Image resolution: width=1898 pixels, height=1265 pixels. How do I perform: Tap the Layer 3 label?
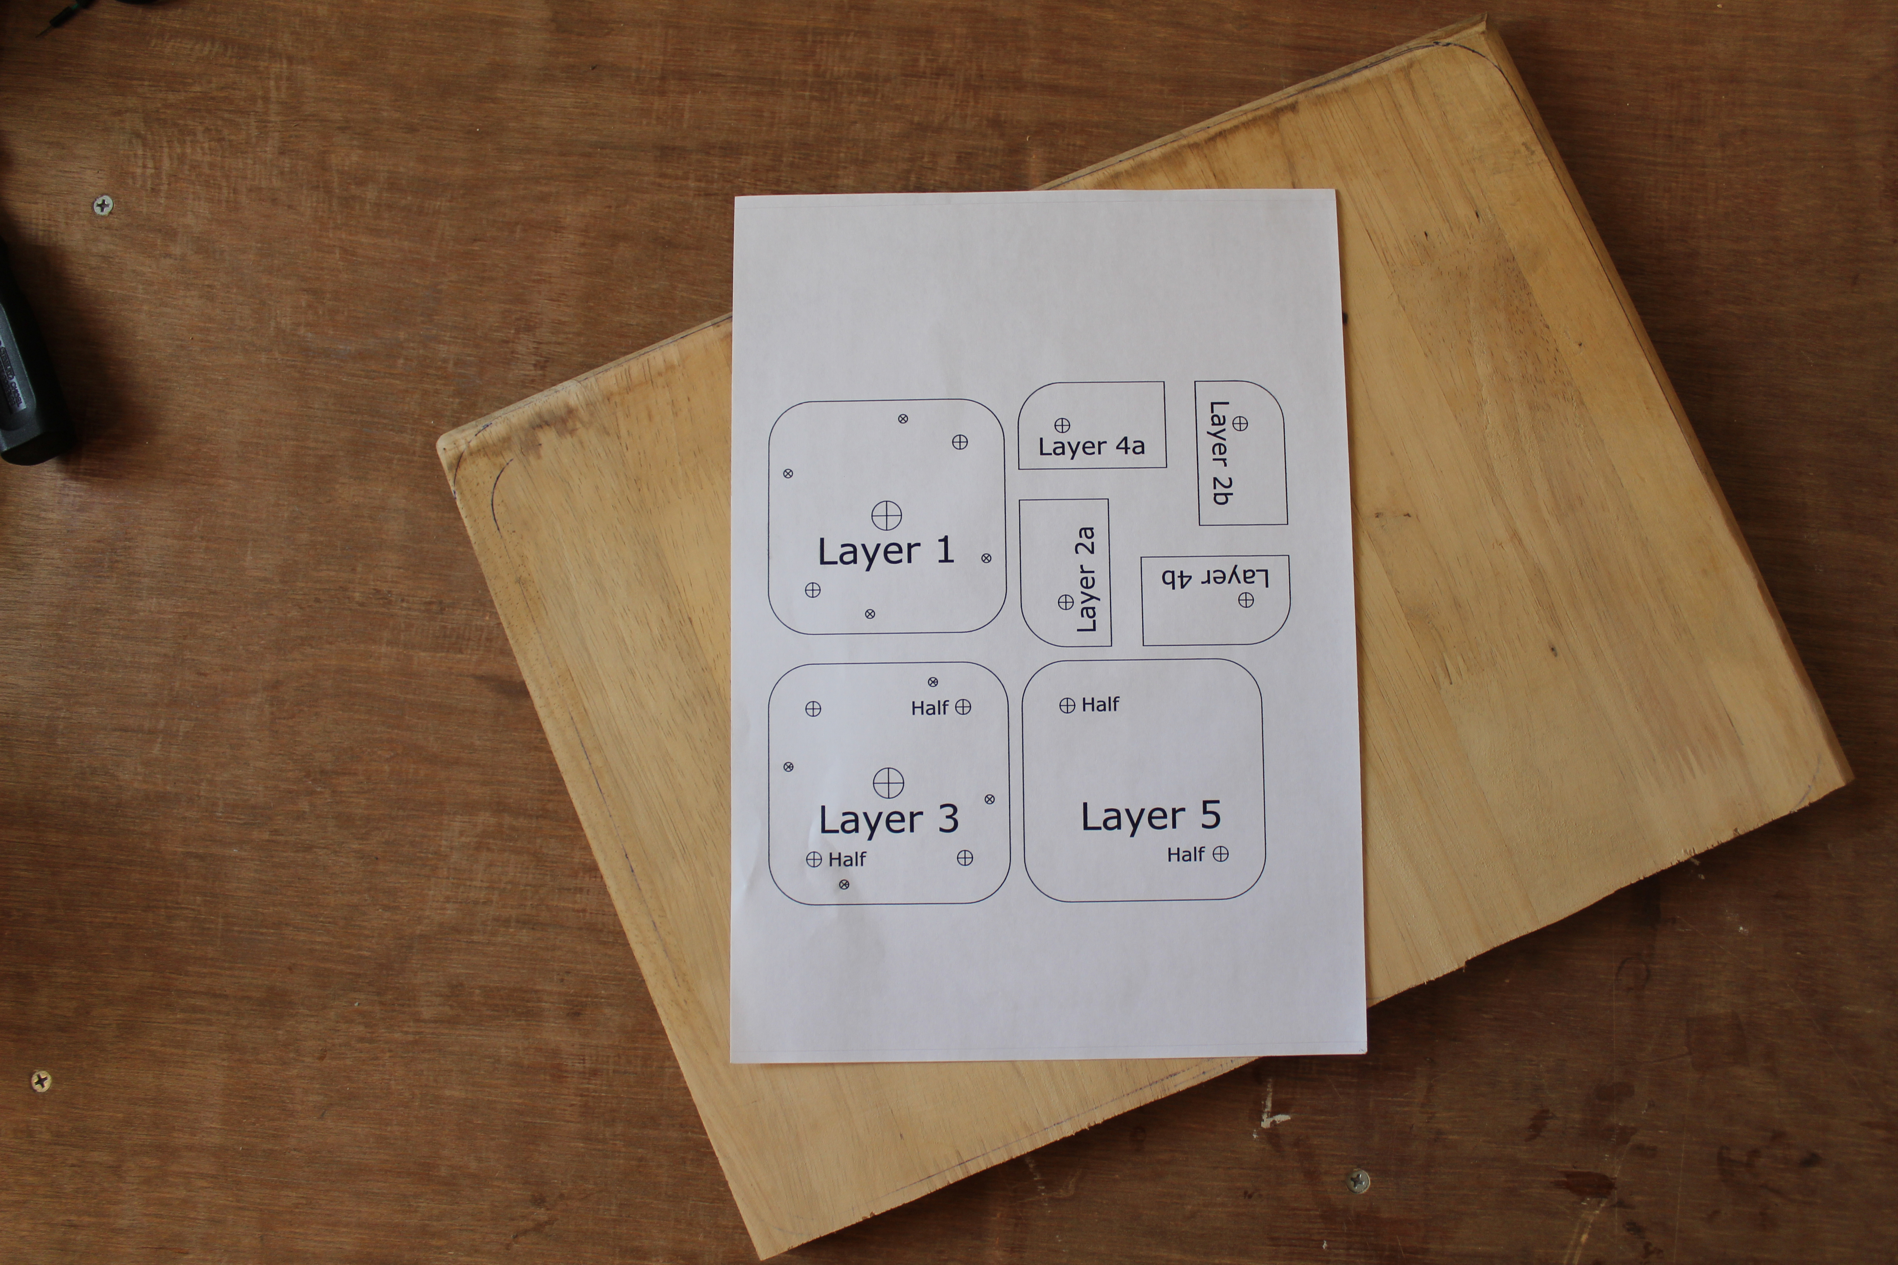(x=889, y=820)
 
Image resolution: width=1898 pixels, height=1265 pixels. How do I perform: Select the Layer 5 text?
(x=1151, y=817)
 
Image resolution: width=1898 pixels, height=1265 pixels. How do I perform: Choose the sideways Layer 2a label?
(x=1086, y=579)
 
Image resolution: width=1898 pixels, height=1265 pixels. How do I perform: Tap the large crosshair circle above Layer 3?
(x=889, y=783)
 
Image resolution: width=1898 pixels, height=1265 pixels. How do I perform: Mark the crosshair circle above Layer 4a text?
(x=1062, y=425)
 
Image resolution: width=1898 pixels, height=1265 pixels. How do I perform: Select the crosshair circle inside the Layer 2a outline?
(x=1065, y=602)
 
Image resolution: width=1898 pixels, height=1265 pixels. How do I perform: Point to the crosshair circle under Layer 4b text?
(x=1246, y=600)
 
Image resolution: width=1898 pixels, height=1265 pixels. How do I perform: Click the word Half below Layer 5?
(x=1186, y=854)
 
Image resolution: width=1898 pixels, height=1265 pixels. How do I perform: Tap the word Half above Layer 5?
(x=1100, y=704)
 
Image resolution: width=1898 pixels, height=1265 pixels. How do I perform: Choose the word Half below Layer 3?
(x=846, y=859)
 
